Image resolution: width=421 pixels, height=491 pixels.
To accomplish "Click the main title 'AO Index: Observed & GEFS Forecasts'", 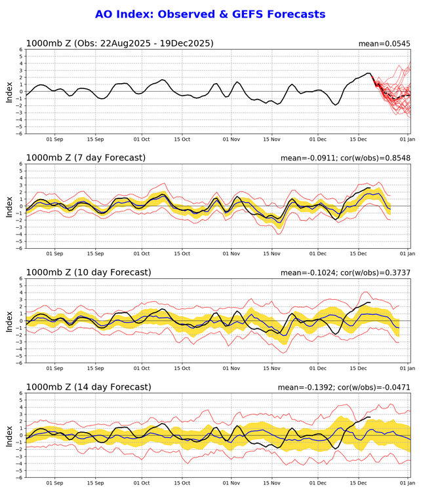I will [x=210, y=14].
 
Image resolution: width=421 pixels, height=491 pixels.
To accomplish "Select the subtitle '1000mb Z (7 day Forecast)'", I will [x=86, y=158].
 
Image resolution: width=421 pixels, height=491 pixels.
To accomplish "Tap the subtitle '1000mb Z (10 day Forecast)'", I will [x=89, y=272].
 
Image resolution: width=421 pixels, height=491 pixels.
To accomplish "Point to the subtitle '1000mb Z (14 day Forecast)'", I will [x=89, y=387].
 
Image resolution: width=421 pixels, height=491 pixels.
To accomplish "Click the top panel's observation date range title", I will [x=119, y=44].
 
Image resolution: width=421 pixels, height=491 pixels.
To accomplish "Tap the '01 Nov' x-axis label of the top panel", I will [x=231, y=139].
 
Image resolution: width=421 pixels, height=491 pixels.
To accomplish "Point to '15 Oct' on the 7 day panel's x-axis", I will [x=182, y=254].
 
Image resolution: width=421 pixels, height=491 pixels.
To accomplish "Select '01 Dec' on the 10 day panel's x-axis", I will [x=319, y=369].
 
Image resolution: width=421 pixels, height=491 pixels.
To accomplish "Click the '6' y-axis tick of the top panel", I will [x=21, y=50].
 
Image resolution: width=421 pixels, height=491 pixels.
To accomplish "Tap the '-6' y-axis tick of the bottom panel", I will [x=20, y=477].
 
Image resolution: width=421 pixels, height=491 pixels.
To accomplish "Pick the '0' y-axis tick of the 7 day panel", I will [x=21, y=206].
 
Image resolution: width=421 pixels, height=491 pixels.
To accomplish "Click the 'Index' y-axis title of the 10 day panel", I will [x=9, y=321].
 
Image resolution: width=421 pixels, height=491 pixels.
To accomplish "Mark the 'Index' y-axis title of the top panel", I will [x=9, y=92].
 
